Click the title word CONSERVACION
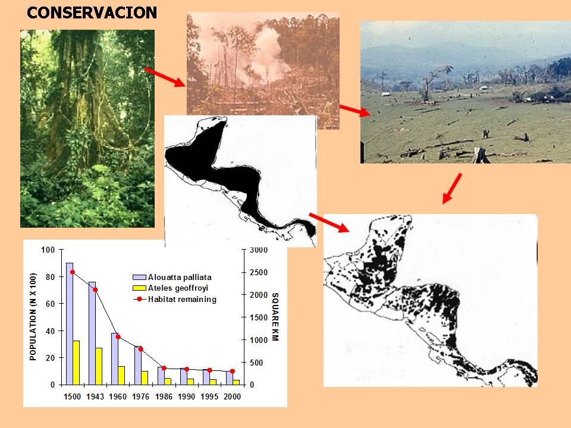[x=92, y=12]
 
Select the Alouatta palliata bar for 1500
[x=70, y=323]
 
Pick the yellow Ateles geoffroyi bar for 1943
[x=99, y=366]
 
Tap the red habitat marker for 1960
[x=118, y=337]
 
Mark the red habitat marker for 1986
[x=164, y=369]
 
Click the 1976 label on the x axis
[x=141, y=396]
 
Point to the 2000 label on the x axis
[x=233, y=396]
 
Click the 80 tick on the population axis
[x=50, y=277]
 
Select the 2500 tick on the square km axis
[x=259, y=273]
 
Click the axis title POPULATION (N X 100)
[x=33, y=317]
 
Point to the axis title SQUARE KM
[x=275, y=317]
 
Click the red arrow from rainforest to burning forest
[x=165, y=77]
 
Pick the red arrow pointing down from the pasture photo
[x=452, y=188]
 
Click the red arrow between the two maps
[x=329, y=222]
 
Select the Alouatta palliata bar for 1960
[x=115, y=359]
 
